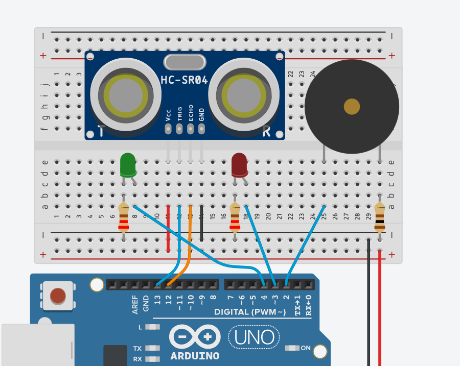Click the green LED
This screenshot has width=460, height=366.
[x=127, y=164]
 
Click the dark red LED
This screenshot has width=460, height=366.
[x=239, y=164]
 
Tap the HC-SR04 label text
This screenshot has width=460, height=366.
[x=184, y=80]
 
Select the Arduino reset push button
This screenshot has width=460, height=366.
[x=58, y=296]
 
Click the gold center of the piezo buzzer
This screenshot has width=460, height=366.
[x=352, y=107]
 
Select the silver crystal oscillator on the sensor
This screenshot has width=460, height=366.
[x=185, y=62]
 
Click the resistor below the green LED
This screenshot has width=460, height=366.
[x=123, y=218]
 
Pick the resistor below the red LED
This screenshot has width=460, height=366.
[x=235, y=218]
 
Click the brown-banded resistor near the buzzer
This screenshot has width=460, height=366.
[x=379, y=218]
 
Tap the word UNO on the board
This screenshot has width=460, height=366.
[x=254, y=337]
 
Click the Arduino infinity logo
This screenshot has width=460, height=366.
[x=195, y=337]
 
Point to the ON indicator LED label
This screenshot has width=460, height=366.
[x=306, y=348]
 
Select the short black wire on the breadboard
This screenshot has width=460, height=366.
[x=201, y=223]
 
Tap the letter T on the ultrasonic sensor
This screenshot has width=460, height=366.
[x=101, y=132]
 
